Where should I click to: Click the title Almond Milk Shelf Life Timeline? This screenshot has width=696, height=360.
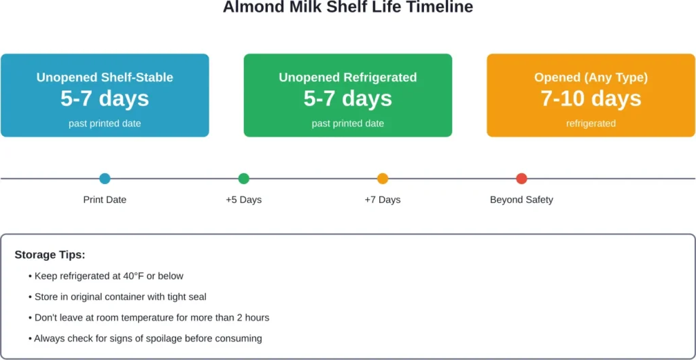tap(348, 8)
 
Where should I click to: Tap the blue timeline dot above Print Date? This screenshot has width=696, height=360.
tap(105, 179)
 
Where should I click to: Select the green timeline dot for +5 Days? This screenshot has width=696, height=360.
tap(244, 179)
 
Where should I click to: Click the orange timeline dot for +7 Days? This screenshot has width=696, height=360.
tap(383, 179)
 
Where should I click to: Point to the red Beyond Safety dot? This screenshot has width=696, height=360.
tap(521, 179)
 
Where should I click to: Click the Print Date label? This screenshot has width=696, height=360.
tap(105, 200)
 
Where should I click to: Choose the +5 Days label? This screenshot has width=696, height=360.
tap(244, 200)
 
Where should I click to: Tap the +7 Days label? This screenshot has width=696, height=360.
tap(383, 200)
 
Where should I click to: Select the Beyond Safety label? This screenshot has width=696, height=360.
tap(521, 200)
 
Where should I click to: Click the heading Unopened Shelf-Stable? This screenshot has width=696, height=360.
tap(105, 77)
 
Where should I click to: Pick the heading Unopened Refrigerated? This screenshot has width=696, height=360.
tap(348, 77)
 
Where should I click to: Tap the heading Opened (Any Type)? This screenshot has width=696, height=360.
tap(591, 77)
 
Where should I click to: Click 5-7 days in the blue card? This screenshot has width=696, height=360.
tap(105, 99)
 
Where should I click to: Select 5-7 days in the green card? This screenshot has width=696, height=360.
tap(348, 99)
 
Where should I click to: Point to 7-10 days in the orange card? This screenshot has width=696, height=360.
tap(591, 99)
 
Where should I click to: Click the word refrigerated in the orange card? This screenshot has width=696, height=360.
tap(591, 124)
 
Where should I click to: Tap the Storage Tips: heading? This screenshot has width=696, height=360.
tap(50, 255)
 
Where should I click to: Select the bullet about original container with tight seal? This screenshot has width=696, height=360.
tap(120, 297)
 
